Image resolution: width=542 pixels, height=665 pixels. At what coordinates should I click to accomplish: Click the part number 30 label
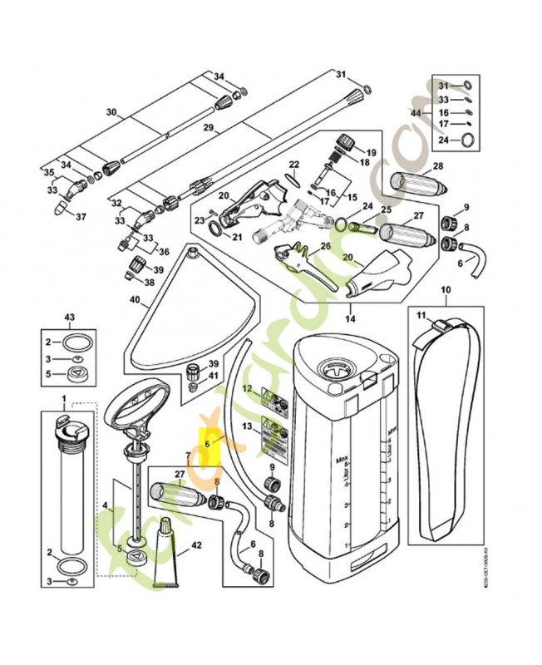tap(111, 111)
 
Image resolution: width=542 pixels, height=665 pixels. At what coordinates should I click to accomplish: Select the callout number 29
tap(208, 129)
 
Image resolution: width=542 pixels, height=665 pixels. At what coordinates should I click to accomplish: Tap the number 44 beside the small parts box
tap(416, 112)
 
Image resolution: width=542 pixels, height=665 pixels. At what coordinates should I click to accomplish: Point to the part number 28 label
tap(437, 166)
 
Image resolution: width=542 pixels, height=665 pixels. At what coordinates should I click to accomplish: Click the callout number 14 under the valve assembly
tap(350, 318)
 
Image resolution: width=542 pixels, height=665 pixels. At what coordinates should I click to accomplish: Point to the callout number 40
tap(134, 300)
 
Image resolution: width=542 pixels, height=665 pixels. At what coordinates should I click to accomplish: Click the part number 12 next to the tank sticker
tap(246, 388)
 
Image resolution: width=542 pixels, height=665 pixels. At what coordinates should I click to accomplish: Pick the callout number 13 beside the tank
tap(246, 426)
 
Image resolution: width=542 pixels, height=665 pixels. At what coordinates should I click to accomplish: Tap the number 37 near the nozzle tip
tap(81, 217)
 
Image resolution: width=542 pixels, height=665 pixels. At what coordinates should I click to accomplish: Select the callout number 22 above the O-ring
tap(293, 165)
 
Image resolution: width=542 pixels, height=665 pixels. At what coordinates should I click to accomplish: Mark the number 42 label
tap(196, 546)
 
